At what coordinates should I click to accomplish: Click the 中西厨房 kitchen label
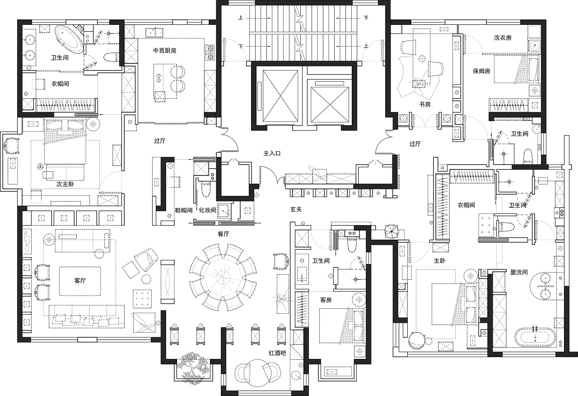pos(165,50)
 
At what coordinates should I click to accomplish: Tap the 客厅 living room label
pos(80,280)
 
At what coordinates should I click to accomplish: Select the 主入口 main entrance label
pos(272,153)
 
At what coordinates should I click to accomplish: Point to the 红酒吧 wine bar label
pos(277,353)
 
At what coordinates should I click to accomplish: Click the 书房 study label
pos(425,104)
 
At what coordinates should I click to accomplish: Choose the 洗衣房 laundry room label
pos(503,38)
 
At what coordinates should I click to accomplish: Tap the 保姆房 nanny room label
pos(481,71)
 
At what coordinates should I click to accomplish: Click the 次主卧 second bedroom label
pos(65,184)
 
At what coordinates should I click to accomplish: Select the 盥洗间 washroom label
pos(519,272)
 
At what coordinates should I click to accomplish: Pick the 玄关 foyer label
pos(296,209)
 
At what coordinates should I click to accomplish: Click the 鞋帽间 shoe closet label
pos(184,210)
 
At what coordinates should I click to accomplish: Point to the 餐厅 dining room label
pos(224,234)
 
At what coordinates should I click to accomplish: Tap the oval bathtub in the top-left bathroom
pos(70,39)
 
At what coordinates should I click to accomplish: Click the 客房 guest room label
pos(326,300)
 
